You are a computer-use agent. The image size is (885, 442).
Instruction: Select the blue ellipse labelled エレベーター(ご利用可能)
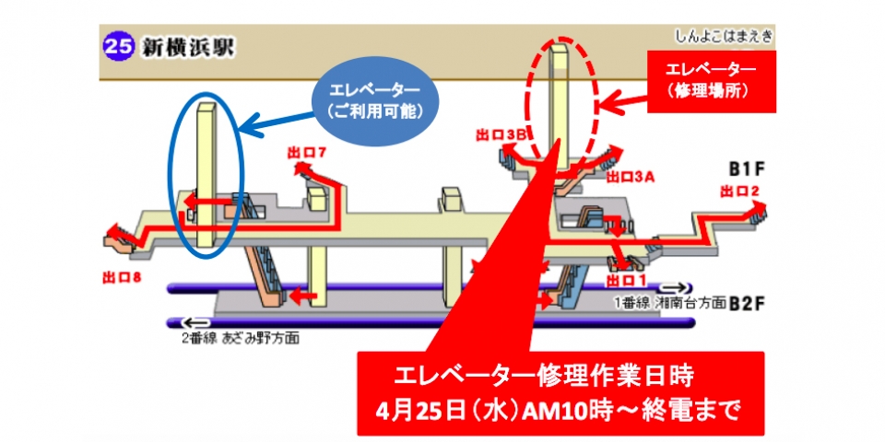click(x=373, y=99)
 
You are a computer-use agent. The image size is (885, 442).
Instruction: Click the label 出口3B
click(x=499, y=134)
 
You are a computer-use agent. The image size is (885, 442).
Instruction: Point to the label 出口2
click(x=740, y=192)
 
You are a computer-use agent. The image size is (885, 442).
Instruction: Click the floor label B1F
click(x=748, y=169)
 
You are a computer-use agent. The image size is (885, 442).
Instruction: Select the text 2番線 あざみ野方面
click(x=241, y=338)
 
